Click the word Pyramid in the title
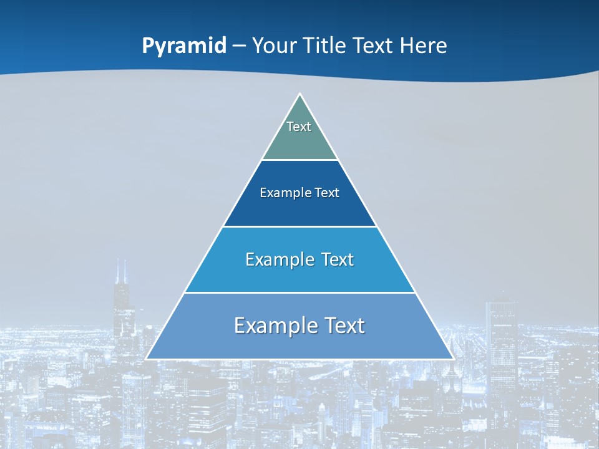pyautogui.click(x=184, y=46)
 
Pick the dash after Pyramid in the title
pyautogui.click(x=239, y=46)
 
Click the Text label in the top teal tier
pyautogui.click(x=299, y=127)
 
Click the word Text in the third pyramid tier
pyautogui.click(x=338, y=259)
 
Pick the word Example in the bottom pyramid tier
pyautogui.click(x=268, y=326)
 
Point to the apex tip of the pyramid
pyautogui.click(x=300, y=95)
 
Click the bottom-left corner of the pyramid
pyautogui.click(x=147, y=359)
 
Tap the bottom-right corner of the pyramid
pyautogui.click(x=453, y=359)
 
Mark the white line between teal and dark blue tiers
pyautogui.click(x=300, y=160)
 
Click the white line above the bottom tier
pyautogui.click(x=300, y=292)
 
